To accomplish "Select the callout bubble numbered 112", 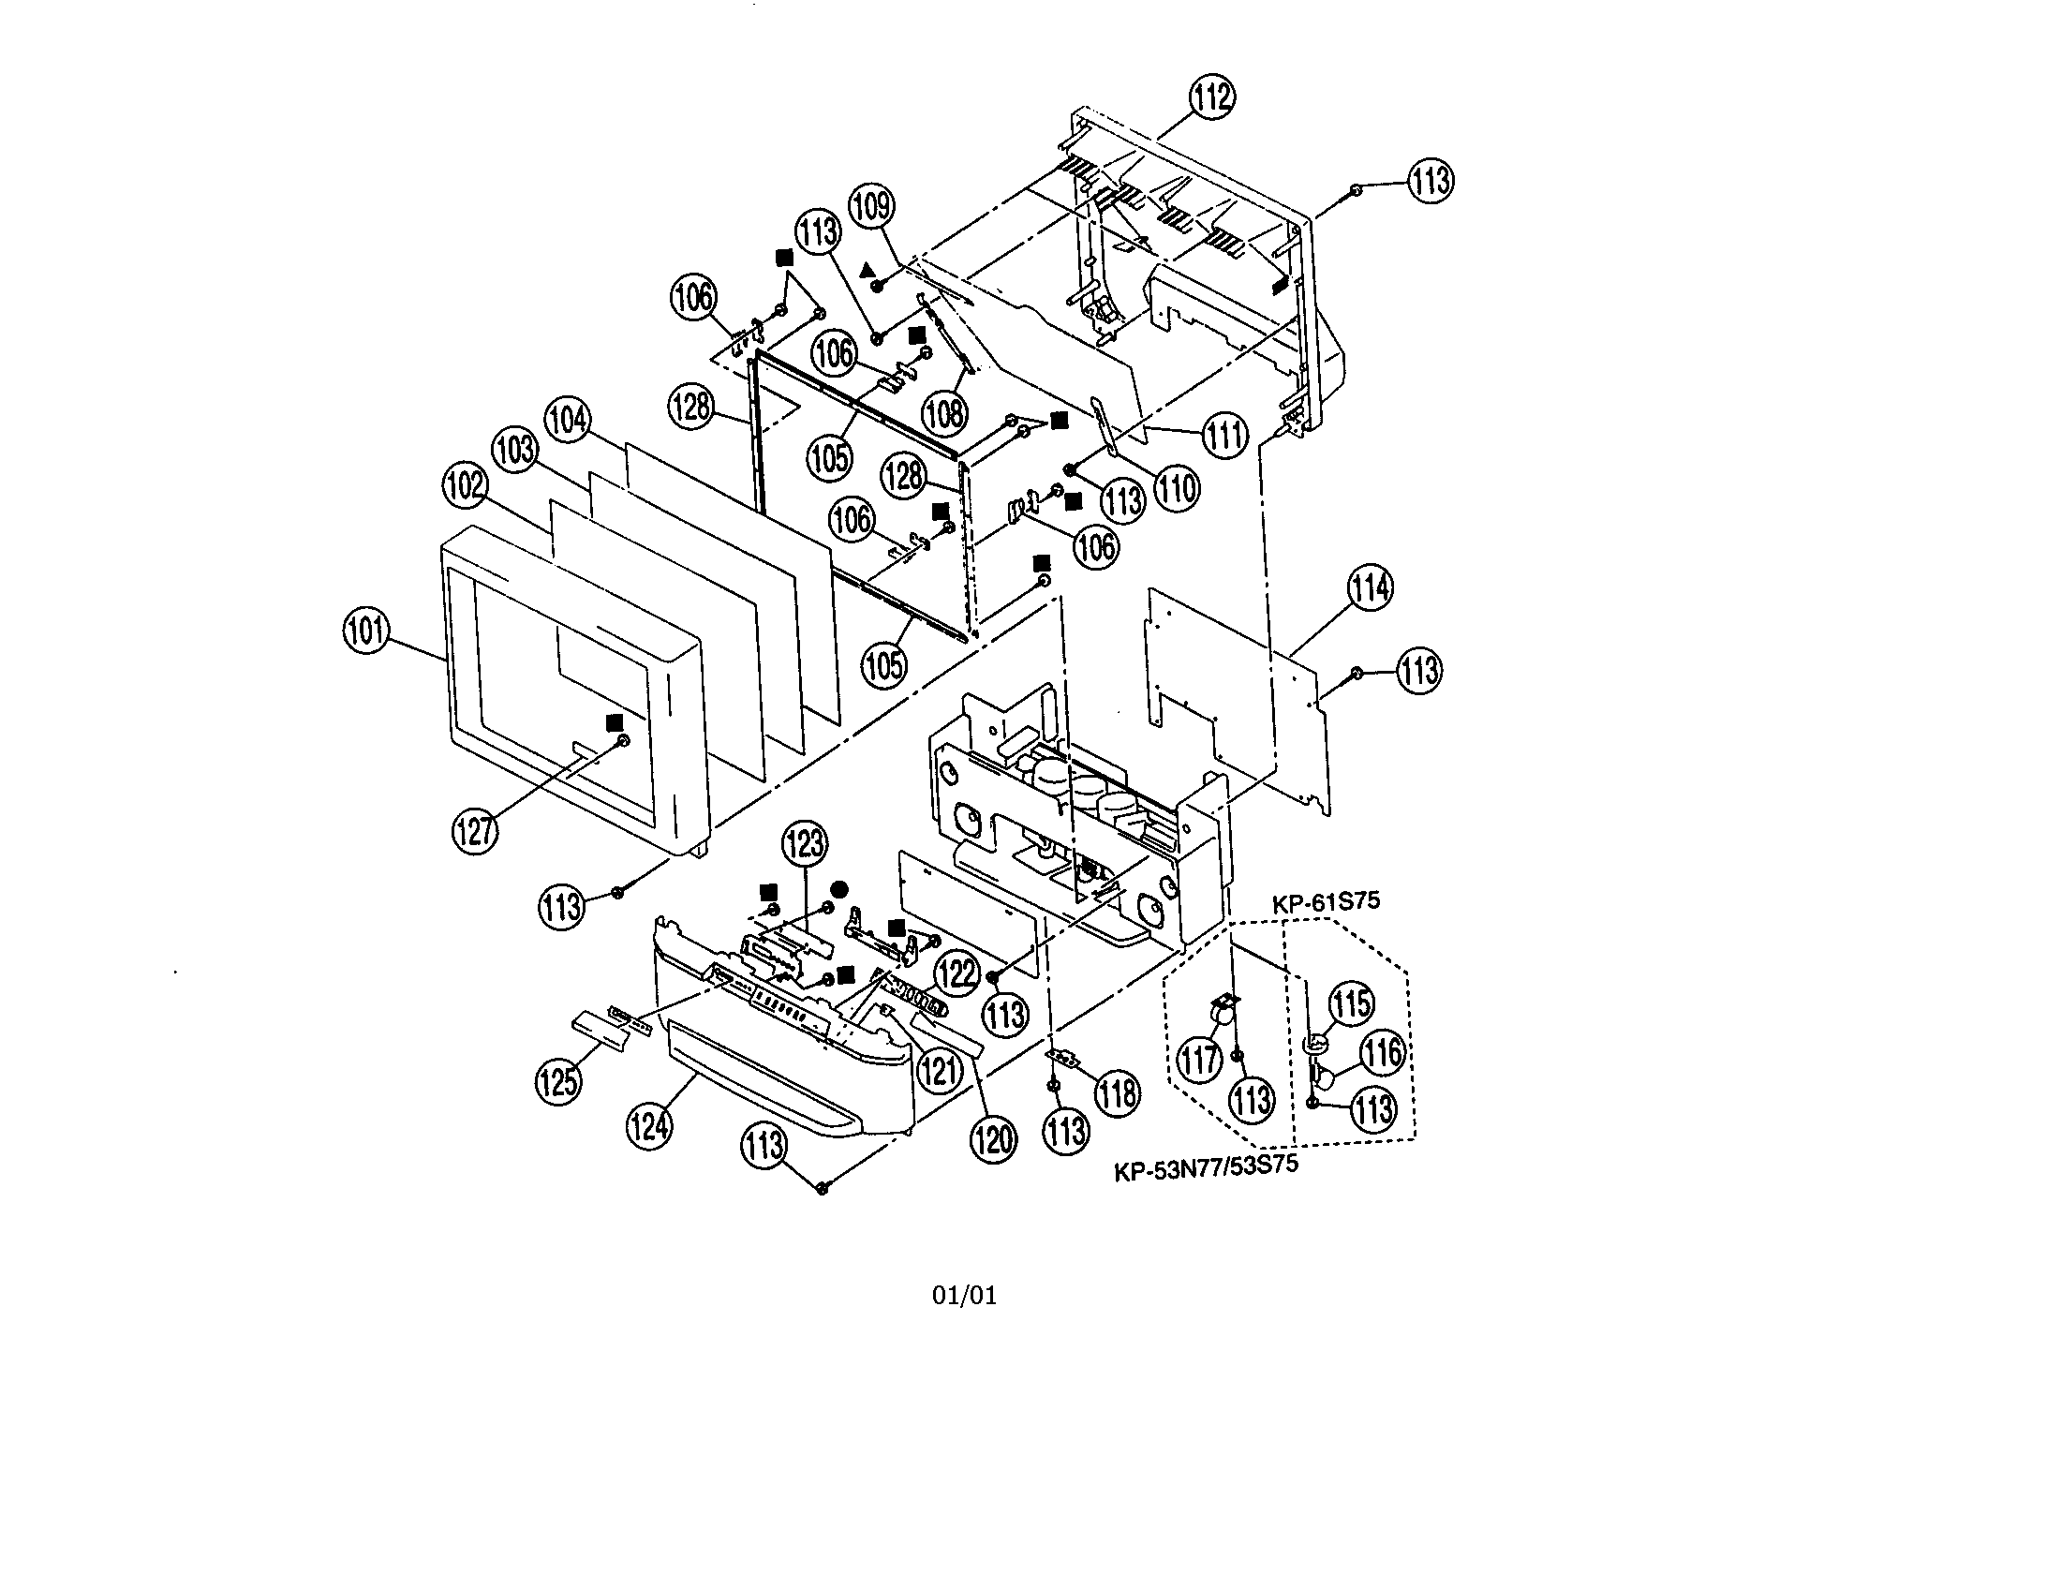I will (x=1211, y=97).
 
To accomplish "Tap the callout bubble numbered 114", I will (x=1369, y=587).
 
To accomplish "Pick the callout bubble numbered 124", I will (x=649, y=1127).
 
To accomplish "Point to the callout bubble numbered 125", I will (x=557, y=1080).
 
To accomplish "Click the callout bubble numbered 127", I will (x=475, y=831).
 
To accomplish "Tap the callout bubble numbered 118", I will (x=1118, y=1093).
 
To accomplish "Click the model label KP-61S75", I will (x=1325, y=901).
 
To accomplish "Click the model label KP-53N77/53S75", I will (x=1206, y=1168).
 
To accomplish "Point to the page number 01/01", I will (x=963, y=1296).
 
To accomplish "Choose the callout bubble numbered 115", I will (x=1351, y=1004).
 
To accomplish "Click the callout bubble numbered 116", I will (x=1383, y=1052).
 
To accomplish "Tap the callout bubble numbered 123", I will (x=805, y=843).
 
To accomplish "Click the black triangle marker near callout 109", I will (x=867, y=270).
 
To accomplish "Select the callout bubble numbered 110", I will (x=1177, y=489).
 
